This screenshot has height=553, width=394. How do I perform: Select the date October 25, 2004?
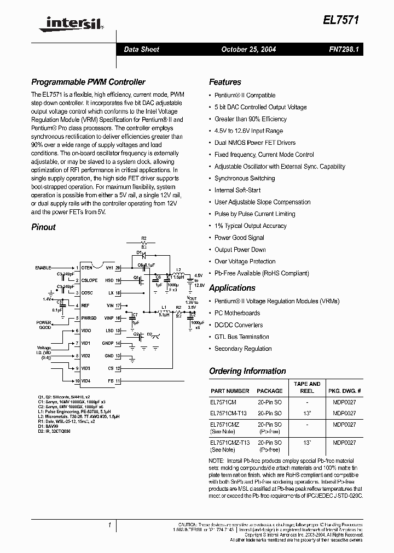tap(248, 49)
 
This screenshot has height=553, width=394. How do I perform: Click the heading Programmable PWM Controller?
tap(88, 82)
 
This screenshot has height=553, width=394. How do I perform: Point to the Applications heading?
tap(232, 288)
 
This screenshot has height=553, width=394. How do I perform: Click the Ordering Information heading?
tap(247, 371)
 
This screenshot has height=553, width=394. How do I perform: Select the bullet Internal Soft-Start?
tap(237, 190)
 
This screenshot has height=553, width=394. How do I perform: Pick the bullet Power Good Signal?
tap(239, 238)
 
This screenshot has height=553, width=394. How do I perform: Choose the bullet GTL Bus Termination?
tap(242, 337)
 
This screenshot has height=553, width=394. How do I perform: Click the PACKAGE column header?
tap(270, 391)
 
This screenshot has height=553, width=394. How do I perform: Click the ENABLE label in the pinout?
tap(43, 268)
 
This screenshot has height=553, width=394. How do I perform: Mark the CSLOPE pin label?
tap(90, 280)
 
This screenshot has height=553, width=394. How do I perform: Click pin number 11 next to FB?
tap(117, 380)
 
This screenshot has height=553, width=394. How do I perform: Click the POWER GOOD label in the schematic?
tap(44, 325)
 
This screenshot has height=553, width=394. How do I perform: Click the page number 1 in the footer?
tap(110, 525)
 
